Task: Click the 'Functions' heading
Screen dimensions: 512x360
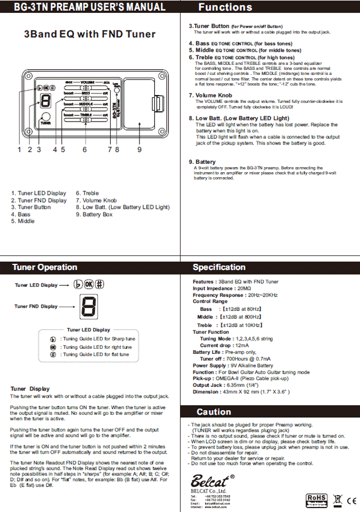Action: [x=225, y=7]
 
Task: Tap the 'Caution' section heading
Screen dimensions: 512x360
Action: [x=214, y=412]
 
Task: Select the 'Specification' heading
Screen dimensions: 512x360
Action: [x=219, y=267]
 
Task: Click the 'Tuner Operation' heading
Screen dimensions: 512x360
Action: [x=45, y=267]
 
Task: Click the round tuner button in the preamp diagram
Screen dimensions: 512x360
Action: [x=45, y=119]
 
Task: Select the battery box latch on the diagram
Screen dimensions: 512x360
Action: [x=156, y=104]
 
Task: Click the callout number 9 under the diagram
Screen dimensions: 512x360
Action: [x=139, y=150]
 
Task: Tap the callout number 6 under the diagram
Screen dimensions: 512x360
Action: [x=84, y=150]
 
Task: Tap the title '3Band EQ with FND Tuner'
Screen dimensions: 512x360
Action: [x=90, y=34]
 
